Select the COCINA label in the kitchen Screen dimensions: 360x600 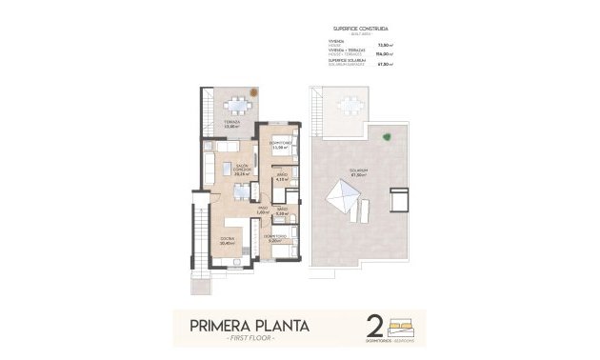tap(227, 240)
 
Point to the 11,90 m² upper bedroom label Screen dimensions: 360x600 tap(279, 146)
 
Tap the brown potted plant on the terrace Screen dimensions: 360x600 tap(254, 92)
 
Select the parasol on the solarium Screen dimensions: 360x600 tap(344, 201)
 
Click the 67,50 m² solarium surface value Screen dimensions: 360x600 tap(386, 67)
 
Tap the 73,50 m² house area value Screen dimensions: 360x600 tap(386, 44)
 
